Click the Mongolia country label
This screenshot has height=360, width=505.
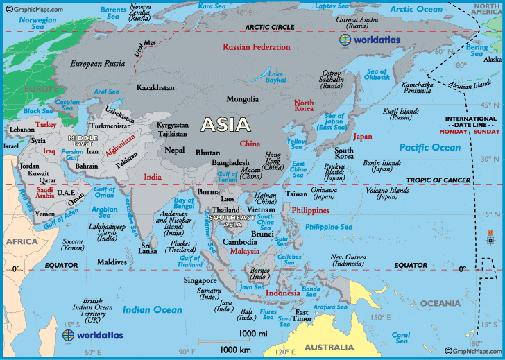pyautogui.click(x=243, y=99)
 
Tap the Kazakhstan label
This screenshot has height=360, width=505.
pyautogui.click(x=155, y=89)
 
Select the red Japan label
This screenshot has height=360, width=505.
pyautogui.click(x=363, y=137)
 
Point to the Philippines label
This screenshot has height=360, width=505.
pyautogui.click(x=309, y=209)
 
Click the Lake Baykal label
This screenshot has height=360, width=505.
pyautogui.click(x=276, y=76)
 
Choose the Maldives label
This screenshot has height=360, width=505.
pyautogui.click(x=112, y=262)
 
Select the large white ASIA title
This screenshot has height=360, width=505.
pyautogui.click(x=225, y=125)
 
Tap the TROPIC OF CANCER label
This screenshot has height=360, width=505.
pyautogui.click(x=438, y=180)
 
